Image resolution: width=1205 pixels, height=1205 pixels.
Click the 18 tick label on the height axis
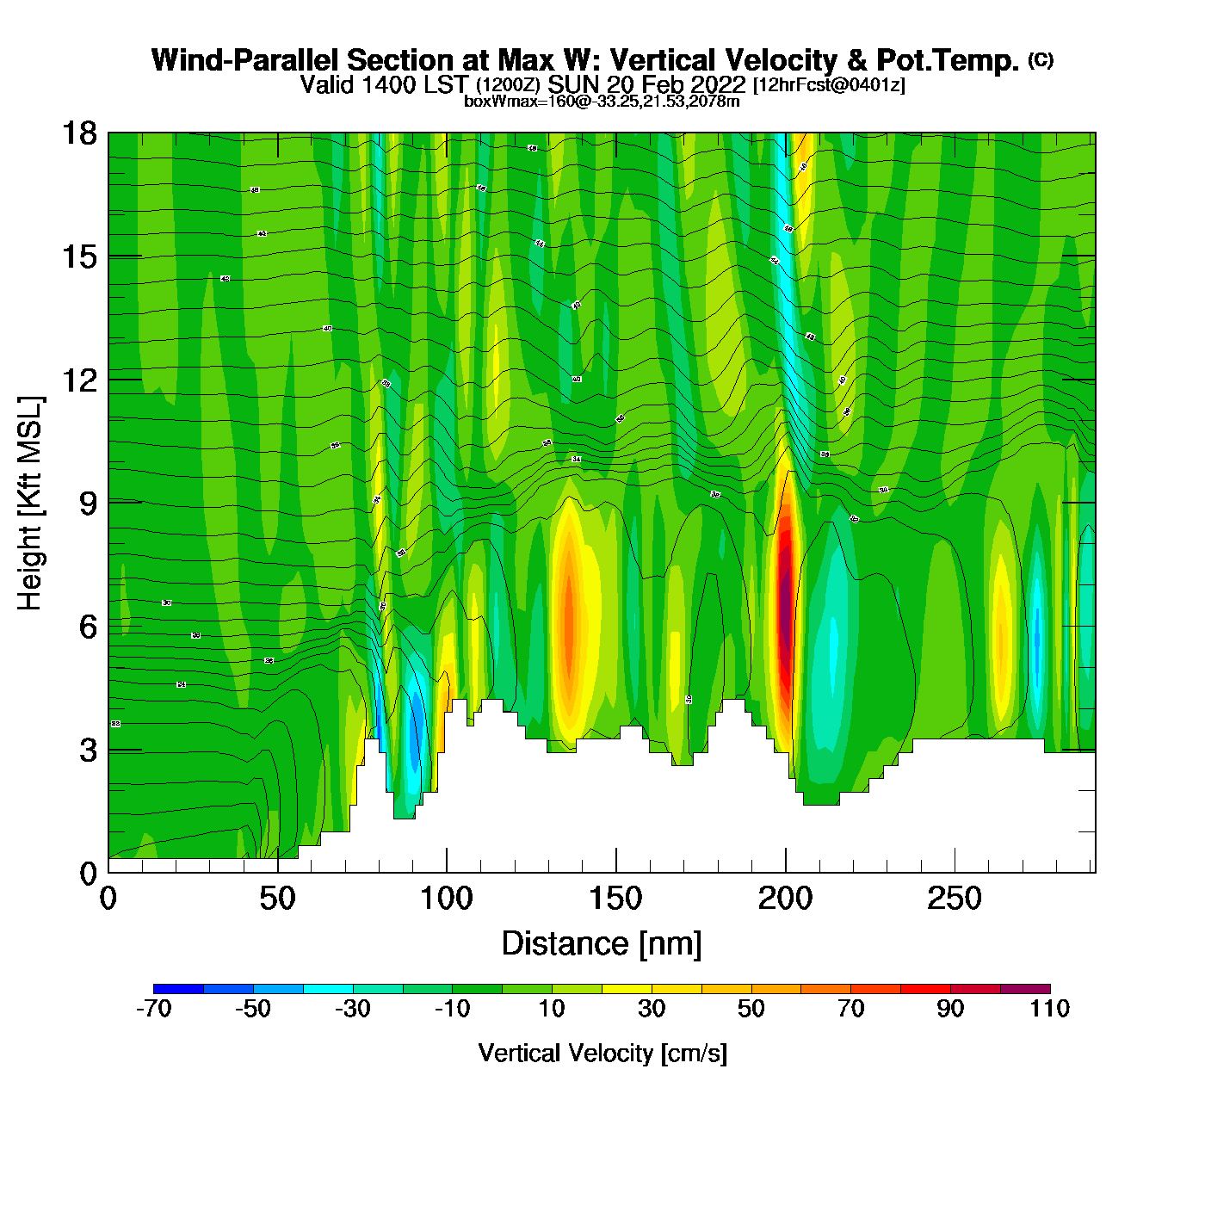pyautogui.click(x=79, y=133)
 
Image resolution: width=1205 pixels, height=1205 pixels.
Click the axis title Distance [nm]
pyautogui.click(x=602, y=944)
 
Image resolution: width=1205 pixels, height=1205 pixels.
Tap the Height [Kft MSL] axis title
pyautogui.click(x=30, y=504)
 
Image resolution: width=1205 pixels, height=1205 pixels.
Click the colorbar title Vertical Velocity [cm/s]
pyautogui.click(x=602, y=1054)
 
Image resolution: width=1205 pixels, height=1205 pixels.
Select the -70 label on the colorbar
pyautogui.click(x=154, y=1009)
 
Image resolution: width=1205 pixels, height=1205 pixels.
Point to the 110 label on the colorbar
pyautogui.click(x=1049, y=1009)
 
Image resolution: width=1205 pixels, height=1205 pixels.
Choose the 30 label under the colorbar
pyautogui.click(x=652, y=1009)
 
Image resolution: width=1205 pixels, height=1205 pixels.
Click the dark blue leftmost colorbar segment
pyautogui.click(x=178, y=988)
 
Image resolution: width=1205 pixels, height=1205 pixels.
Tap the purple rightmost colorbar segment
pyautogui.click(x=1025, y=988)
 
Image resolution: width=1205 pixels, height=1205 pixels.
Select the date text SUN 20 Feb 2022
pyautogui.click(x=646, y=85)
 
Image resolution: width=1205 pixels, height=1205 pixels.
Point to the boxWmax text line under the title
pyautogui.click(x=602, y=102)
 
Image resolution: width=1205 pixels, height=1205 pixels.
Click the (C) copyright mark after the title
pyautogui.click(x=1041, y=59)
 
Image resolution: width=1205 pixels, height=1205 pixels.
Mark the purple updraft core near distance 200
pyautogui.click(x=785, y=602)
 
